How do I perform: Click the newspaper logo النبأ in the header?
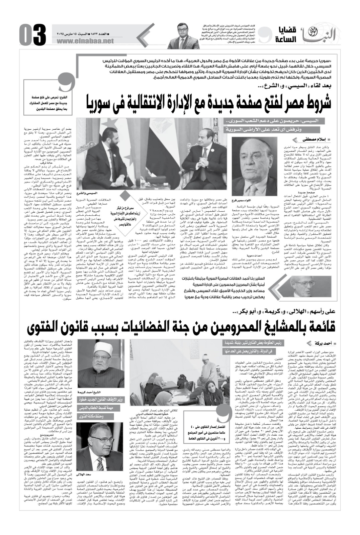pyautogui.click(x=315, y=35)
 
